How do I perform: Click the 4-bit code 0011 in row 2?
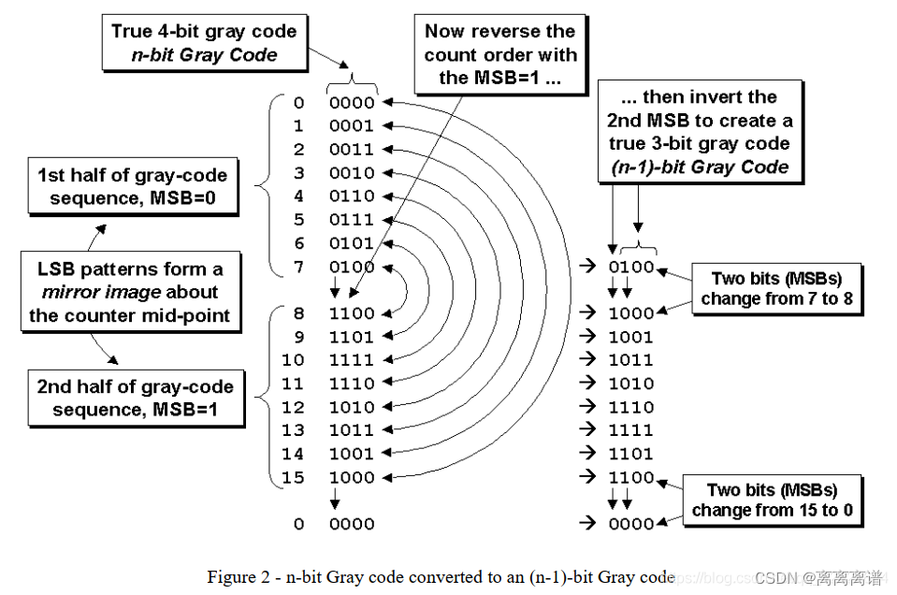point(351,150)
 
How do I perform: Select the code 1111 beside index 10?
point(351,360)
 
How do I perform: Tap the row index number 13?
point(293,430)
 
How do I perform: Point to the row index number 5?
point(298,220)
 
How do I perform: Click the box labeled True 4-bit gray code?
point(203,43)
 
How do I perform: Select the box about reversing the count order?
point(499,54)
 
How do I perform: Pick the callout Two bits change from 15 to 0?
point(773,501)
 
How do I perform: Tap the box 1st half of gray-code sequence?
point(131,186)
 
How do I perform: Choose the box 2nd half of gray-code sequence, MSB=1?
point(135,398)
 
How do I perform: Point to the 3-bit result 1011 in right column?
point(631,360)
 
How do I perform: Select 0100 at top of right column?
point(631,268)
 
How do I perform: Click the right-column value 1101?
point(631,454)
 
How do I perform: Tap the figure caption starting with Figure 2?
point(440,576)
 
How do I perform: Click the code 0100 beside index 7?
point(351,268)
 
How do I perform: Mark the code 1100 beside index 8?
point(351,313)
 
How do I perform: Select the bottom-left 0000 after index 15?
point(351,524)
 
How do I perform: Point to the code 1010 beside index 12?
point(351,407)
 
